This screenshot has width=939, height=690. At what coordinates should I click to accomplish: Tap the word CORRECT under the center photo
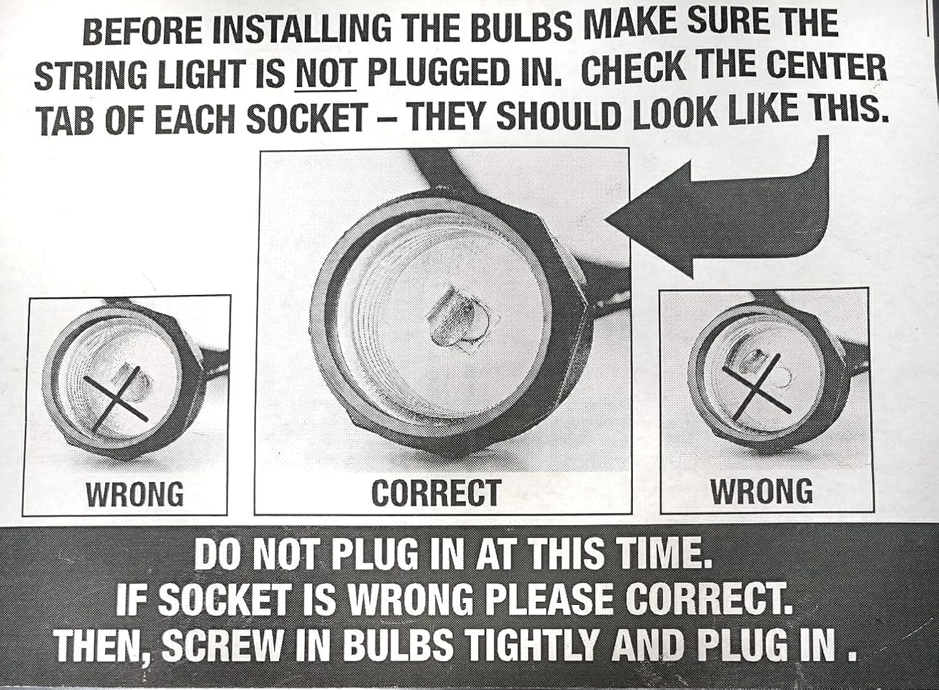point(437,492)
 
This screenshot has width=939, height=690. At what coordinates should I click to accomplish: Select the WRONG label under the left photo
point(135,494)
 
